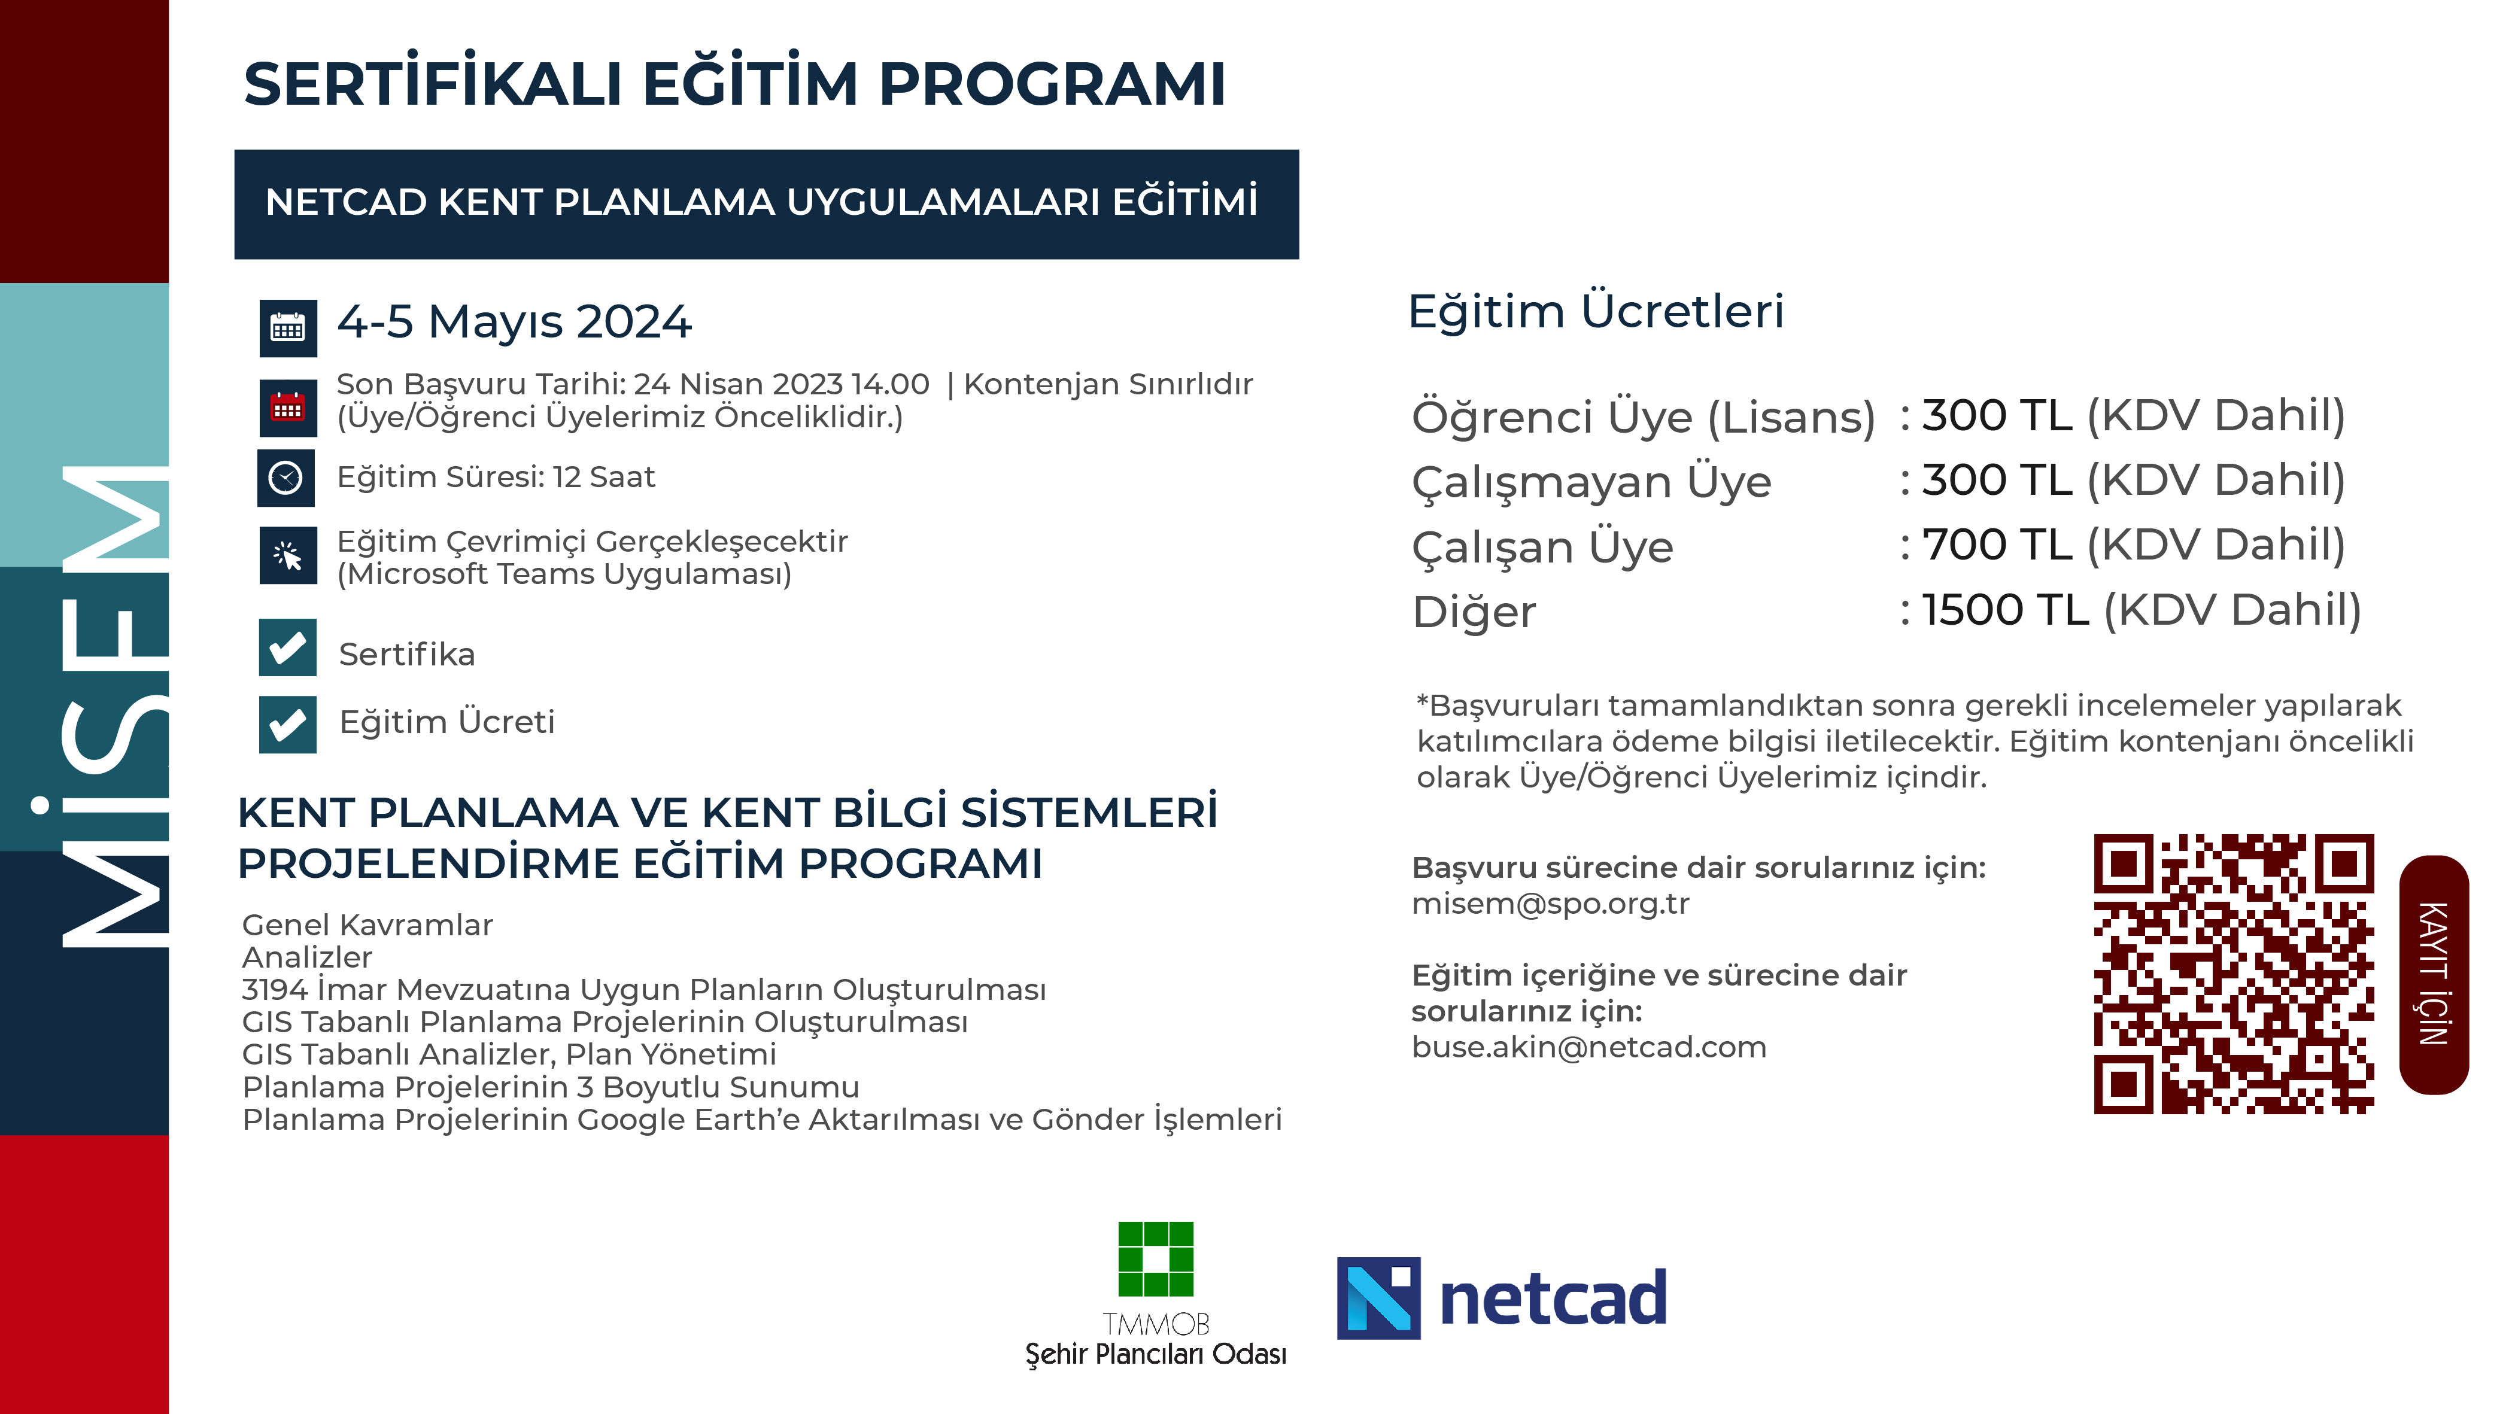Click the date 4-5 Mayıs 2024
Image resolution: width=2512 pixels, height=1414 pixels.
pos(514,322)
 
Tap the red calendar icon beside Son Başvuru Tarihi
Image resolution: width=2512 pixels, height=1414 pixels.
pos(288,407)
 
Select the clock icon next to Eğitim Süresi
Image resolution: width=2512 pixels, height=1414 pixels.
pos(285,478)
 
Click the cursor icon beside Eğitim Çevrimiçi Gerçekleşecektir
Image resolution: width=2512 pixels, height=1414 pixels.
pos(288,556)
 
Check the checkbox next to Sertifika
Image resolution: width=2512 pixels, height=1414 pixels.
pos(288,647)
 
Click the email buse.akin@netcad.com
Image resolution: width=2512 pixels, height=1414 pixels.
pos(1588,1047)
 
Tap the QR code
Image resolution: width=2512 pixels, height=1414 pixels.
pos(2233,973)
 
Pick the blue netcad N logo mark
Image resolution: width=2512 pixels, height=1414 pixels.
pos(1378,1298)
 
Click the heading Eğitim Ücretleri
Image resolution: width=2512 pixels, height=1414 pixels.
pos(1595,312)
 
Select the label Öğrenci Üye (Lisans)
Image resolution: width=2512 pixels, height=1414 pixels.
pos(1643,417)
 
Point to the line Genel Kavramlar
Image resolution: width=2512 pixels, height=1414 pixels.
pos(367,925)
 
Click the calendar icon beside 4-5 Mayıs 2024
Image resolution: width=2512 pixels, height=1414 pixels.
pos(288,329)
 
